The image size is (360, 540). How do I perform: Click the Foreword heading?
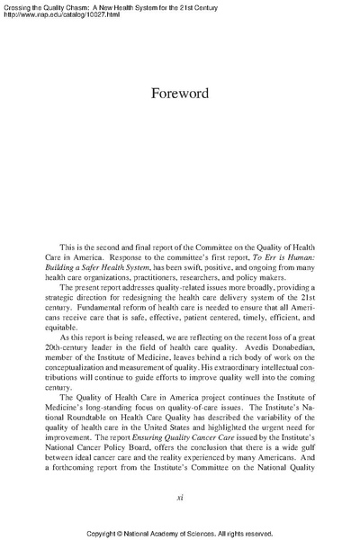(179, 94)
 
